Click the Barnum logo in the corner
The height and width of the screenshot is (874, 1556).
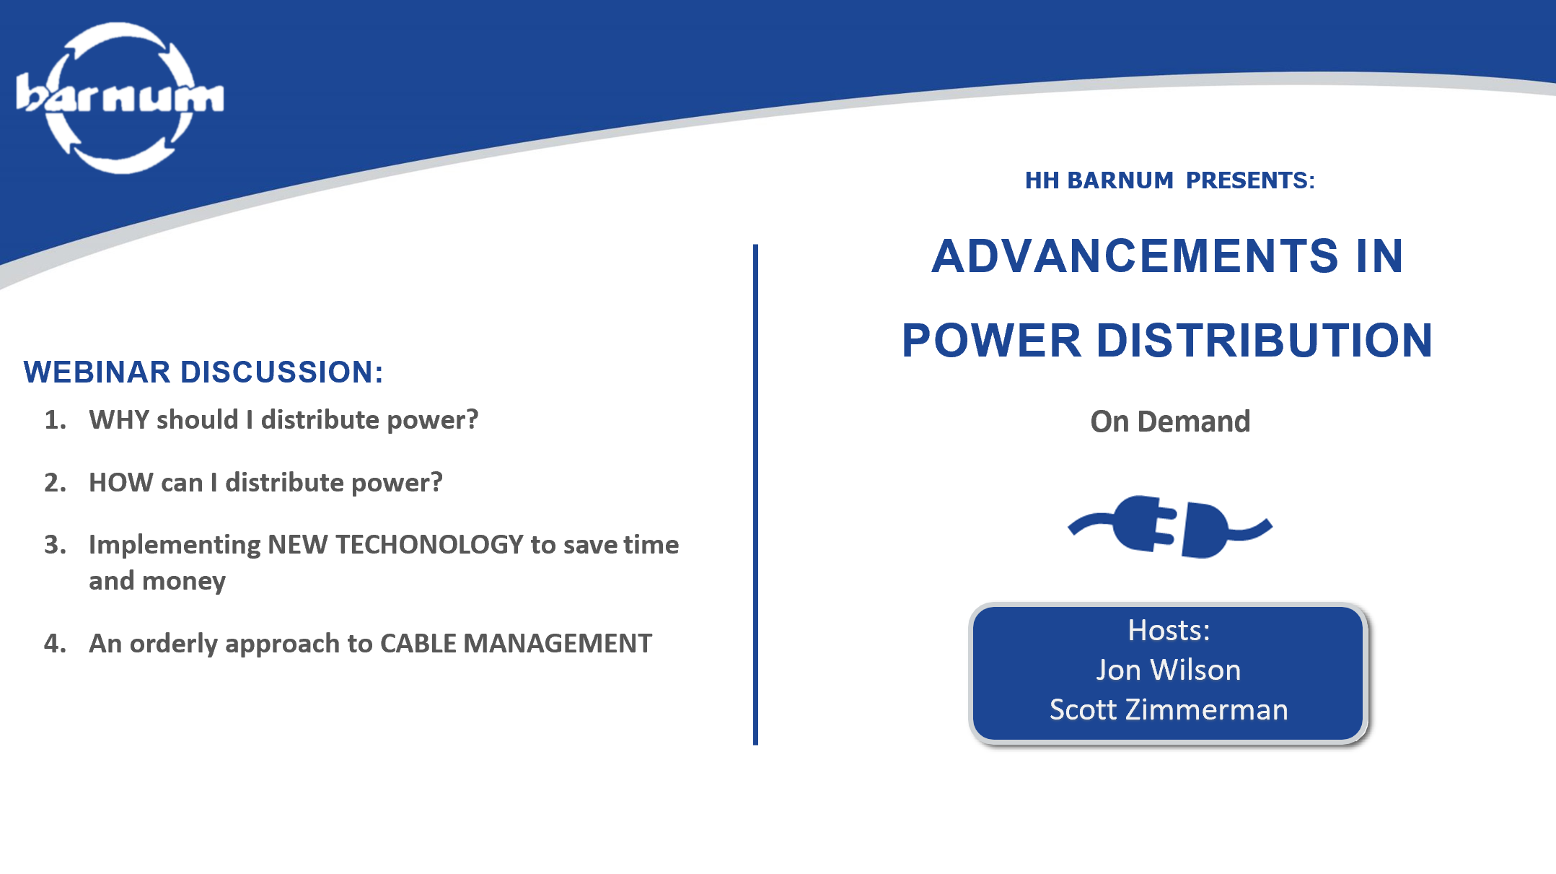120,98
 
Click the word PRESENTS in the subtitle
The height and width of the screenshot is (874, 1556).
1250,180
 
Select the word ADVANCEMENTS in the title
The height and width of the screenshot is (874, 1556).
1135,256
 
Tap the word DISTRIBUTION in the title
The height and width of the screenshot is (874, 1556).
1265,341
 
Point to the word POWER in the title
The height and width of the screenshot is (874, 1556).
992,341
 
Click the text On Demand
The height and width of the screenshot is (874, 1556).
1170,421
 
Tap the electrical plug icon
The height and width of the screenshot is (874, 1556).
1170,527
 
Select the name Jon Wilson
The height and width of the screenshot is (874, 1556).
1169,670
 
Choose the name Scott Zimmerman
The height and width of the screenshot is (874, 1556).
1169,710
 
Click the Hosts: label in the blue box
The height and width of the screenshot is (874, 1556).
1169,631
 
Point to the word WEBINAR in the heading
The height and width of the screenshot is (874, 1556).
97,372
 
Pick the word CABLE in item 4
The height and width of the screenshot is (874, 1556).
418,644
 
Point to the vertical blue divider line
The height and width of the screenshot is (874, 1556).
755,494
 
